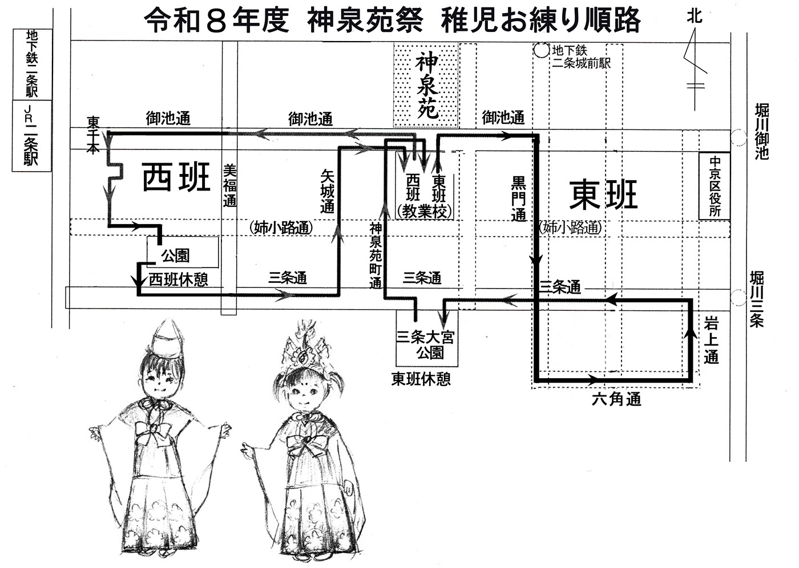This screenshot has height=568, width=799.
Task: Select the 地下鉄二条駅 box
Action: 31,64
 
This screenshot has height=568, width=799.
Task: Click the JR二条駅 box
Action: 31,135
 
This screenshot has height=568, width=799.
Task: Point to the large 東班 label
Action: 603,194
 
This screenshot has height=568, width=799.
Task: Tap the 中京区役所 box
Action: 715,186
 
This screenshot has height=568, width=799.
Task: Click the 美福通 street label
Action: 229,185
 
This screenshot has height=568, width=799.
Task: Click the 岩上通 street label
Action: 711,342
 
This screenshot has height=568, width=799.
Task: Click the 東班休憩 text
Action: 421,379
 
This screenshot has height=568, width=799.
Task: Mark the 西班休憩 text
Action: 178,279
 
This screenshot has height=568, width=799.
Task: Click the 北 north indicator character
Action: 695,17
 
